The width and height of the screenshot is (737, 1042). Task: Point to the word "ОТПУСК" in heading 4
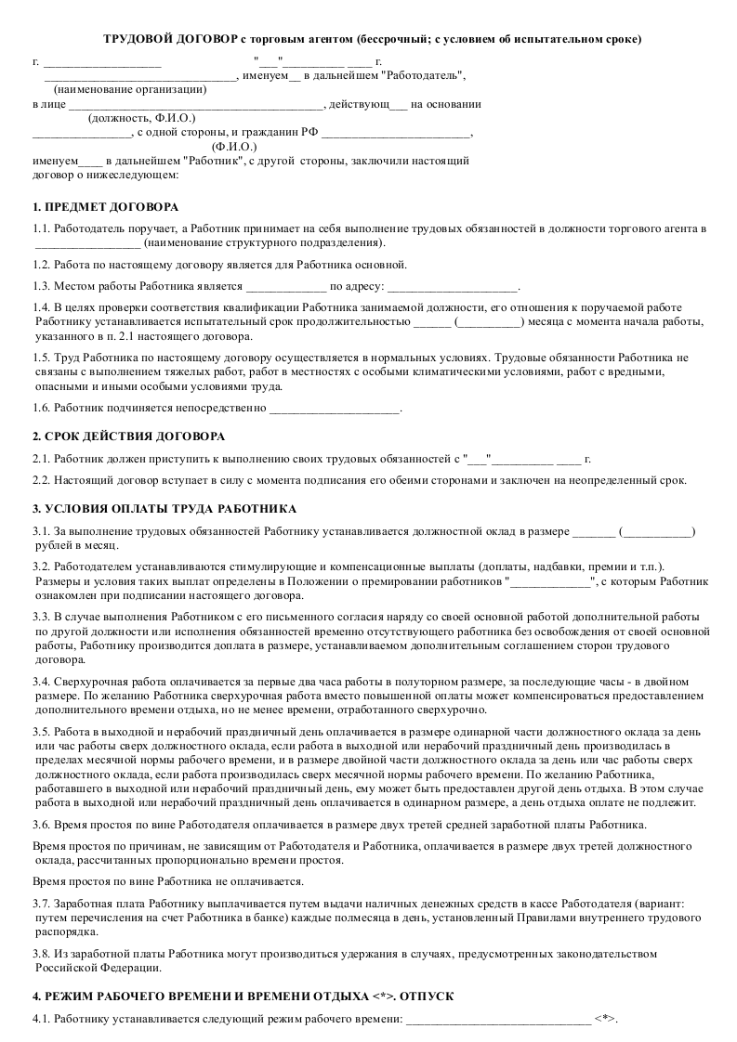coord(426,996)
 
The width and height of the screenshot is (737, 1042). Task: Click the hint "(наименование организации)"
coord(130,90)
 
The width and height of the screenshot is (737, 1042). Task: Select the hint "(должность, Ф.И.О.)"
coord(141,118)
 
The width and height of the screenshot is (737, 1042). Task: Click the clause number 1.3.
coord(41,286)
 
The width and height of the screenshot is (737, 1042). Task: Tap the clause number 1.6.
coord(41,408)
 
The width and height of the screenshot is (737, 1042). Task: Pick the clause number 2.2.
coord(41,480)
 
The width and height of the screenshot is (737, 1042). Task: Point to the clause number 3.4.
coord(41,681)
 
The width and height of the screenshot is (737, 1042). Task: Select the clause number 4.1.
coord(41,1019)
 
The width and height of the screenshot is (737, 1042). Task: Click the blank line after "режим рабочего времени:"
coord(498,1020)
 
